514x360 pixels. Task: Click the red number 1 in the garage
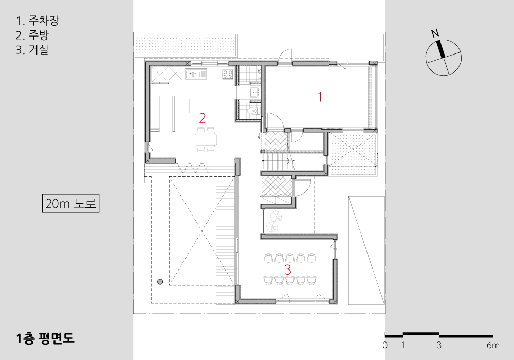pos(320,97)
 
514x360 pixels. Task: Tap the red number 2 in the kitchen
pos(202,118)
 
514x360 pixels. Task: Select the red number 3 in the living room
pos(288,269)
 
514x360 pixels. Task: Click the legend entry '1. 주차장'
pos(38,21)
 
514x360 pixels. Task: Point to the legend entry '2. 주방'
pos(32,35)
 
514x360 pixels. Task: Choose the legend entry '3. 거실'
pos(32,49)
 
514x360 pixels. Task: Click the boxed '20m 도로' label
pos(70,204)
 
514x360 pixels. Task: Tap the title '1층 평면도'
pos(45,338)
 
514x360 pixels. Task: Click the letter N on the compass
pos(435,33)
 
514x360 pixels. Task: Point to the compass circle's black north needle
pos(440,49)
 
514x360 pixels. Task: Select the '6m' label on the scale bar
pos(493,345)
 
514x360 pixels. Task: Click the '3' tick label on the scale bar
pos(439,345)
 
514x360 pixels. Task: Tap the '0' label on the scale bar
pos(385,345)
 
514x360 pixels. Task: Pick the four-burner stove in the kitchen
pos(228,75)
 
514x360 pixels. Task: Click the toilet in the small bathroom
pos(253,111)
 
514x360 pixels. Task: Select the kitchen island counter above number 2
pos(206,106)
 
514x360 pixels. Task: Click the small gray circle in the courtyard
pos(160,282)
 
